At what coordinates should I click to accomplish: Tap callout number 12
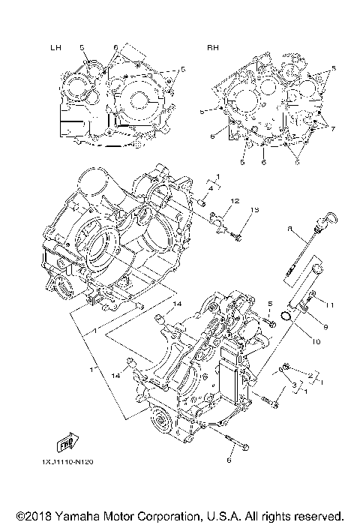tap(235, 202)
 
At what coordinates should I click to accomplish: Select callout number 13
tap(255, 209)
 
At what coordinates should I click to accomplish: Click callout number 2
tap(310, 375)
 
